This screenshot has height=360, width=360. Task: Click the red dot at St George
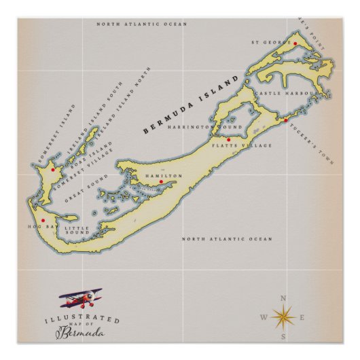point(295,43)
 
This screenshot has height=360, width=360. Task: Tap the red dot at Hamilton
point(161,182)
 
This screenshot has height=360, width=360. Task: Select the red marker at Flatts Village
point(229,140)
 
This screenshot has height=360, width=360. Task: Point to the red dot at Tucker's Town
point(286,120)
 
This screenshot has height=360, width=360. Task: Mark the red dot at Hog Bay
point(43,220)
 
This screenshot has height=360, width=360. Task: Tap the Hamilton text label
point(164,175)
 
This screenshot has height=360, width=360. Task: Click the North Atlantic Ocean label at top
point(141,24)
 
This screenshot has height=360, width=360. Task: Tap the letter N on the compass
point(283,298)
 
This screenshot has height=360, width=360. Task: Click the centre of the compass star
point(283,317)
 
